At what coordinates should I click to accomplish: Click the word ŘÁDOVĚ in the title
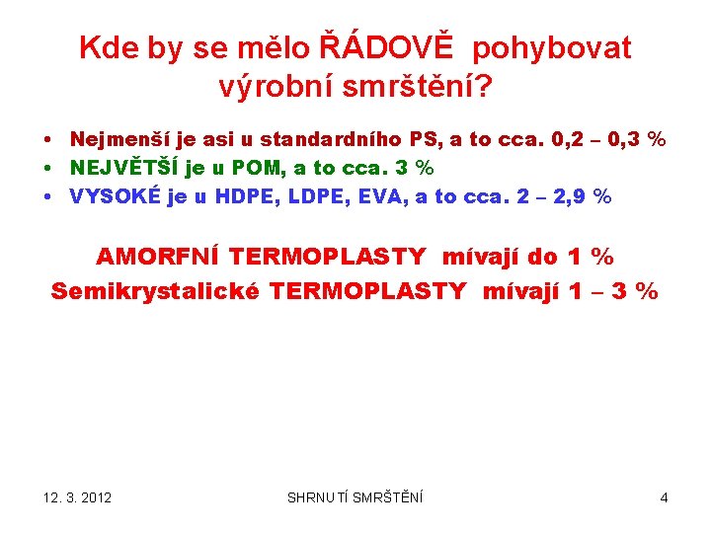pos(391,46)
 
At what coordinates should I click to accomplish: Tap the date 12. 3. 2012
pos(78,497)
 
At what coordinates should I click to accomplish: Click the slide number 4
pos(664,497)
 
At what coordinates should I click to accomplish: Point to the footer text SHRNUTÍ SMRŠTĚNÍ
pos(355,497)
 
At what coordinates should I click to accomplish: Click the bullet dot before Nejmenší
pos(47,140)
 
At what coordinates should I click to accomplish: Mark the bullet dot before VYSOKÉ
pos(47,196)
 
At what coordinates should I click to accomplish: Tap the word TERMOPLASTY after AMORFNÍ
pos(328,258)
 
